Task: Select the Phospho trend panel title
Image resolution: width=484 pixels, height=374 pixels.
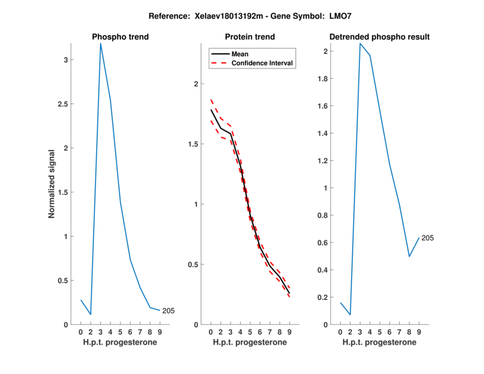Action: pyautogui.click(x=120, y=37)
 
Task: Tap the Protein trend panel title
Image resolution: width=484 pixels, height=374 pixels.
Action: pyautogui.click(x=250, y=37)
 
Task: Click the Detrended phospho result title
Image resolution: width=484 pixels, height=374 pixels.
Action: pyautogui.click(x=379, y=37)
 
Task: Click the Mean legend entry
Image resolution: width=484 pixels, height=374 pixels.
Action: pyautogui.click(x=240, y=54)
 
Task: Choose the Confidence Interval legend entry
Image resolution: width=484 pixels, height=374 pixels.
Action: pyautogui.click(x=261, y=63)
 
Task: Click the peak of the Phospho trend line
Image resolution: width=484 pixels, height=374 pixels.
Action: pyautogui.click(x=100, y=44)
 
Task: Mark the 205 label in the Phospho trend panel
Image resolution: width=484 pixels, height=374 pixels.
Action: pyautogui.click(x=169, y=310)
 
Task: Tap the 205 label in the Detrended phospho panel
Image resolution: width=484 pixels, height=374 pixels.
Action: pyautogui.click(x=428, y=238)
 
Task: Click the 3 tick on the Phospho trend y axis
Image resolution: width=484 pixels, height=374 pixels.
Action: pyautogui.click(x=65, y=59)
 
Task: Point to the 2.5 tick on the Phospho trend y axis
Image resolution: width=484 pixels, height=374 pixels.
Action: pyautogui.click(x=62, y=103)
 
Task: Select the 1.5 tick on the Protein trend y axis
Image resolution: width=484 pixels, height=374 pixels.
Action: pyautogui.click(x=192, y=144)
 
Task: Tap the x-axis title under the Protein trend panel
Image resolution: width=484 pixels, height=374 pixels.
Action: pyautogui.click(x=250, y=343)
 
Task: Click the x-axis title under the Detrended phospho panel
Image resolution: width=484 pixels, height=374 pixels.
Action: pyautogui.click(x=379, y=343)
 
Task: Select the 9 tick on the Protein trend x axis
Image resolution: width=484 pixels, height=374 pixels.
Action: pyautogui.click(x=289, y=332)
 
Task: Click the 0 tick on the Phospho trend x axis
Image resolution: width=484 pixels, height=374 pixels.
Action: pyautogui.click(x=81, y=332)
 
